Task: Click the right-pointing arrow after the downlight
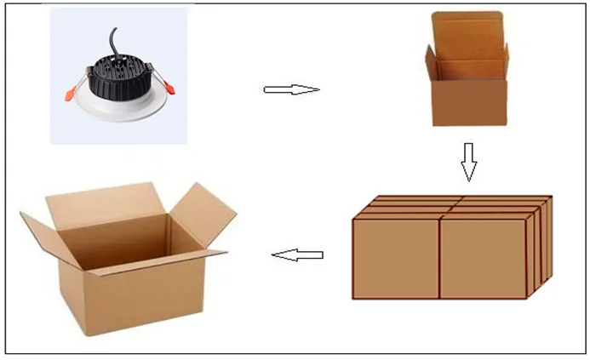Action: point(291,89)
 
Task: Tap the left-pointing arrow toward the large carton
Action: point(297,254)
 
